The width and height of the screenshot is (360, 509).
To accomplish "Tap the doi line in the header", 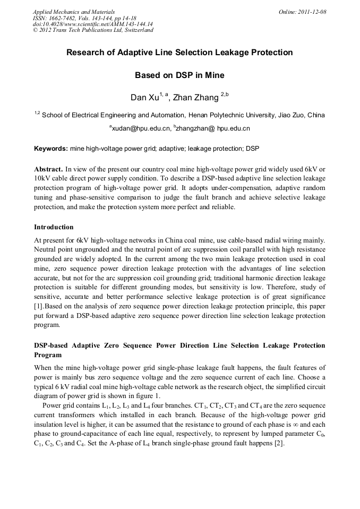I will (92, 24).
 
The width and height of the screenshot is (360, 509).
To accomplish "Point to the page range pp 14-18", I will (124, 18).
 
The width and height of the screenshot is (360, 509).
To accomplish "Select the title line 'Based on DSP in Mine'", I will (179, 75).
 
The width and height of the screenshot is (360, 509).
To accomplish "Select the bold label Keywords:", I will (51, 148).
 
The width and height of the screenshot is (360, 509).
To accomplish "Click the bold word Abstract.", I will (49, 168).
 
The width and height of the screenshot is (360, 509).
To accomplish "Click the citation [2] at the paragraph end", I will (279, 444).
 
